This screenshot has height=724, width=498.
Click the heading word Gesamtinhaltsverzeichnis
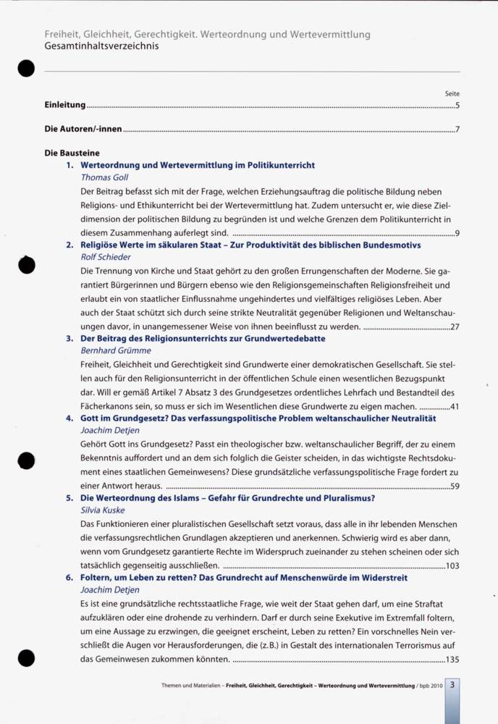101,46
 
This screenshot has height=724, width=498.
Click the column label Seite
452,93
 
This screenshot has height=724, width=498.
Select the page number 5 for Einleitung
457,106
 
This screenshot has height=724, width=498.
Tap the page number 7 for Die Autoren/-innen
457,130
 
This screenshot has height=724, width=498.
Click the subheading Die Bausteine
72,153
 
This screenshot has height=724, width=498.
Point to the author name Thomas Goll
104,177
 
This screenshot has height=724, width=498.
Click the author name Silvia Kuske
104,510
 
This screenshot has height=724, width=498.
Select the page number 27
455,327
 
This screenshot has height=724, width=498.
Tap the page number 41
455,407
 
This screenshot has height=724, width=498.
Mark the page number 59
455,487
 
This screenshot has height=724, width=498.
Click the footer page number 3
452,684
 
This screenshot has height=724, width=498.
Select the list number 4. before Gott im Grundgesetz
69,418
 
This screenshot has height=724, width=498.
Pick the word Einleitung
65,106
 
